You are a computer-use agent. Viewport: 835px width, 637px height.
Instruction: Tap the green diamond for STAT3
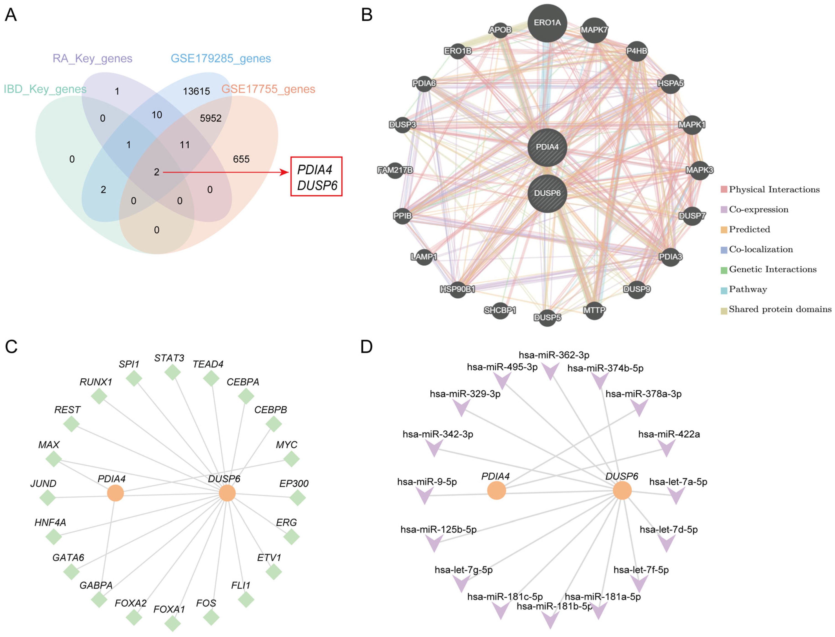point(172,372)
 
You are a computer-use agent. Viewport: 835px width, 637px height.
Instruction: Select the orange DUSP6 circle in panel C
point(227,493)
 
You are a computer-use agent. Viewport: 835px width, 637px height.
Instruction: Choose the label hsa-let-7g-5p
point(463,570)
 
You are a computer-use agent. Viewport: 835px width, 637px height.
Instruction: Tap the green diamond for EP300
point(297,498)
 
